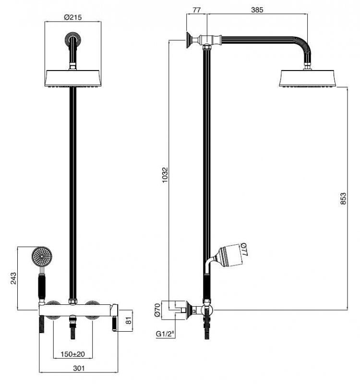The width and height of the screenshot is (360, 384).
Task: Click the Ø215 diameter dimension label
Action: click(x=73, y=17)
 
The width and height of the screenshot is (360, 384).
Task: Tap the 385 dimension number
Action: click(x=257, y=10)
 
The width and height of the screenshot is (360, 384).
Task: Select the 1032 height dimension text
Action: click(x=165, y=175)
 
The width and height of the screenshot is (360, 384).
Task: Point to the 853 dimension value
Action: click(x=343, y=199)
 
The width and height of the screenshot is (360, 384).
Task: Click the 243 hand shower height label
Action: click(x=13, y=278)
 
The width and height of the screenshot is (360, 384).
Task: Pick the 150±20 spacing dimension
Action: click(x=73, y=354)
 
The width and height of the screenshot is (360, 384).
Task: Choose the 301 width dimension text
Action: click(x=79, y=368)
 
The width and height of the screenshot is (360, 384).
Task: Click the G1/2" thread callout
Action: click(x=165, y=334)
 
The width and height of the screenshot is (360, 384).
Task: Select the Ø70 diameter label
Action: click(x=157, y=310)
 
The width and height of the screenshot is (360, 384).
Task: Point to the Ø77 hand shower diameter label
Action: click(x=244, y=250)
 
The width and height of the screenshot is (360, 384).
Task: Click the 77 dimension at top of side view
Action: click(x=196, y=10)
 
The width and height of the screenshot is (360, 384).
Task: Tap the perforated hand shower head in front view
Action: click(x=42, y=256)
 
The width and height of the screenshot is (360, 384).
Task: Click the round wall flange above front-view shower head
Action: click(x=73, y=39)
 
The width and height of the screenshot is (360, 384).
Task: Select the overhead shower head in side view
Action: click(x=308, y=78)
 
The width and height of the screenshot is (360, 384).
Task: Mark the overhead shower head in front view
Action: click(x=73, y=78)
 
